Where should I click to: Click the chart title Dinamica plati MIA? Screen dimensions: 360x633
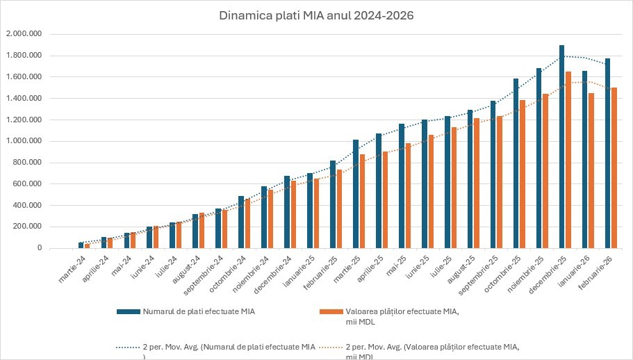316,16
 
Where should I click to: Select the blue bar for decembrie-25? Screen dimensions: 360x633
561,147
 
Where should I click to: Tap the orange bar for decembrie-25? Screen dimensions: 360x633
568,160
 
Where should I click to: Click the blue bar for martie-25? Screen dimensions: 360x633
356,194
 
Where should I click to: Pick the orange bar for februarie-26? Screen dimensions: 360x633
614,167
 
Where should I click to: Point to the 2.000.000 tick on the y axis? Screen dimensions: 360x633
24,34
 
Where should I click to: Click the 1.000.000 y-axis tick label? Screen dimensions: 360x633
24,141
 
